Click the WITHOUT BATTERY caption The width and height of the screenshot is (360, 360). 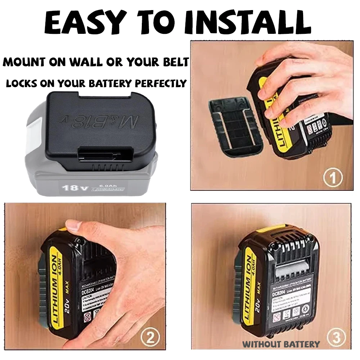281,344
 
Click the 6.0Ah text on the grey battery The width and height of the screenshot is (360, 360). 100,183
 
